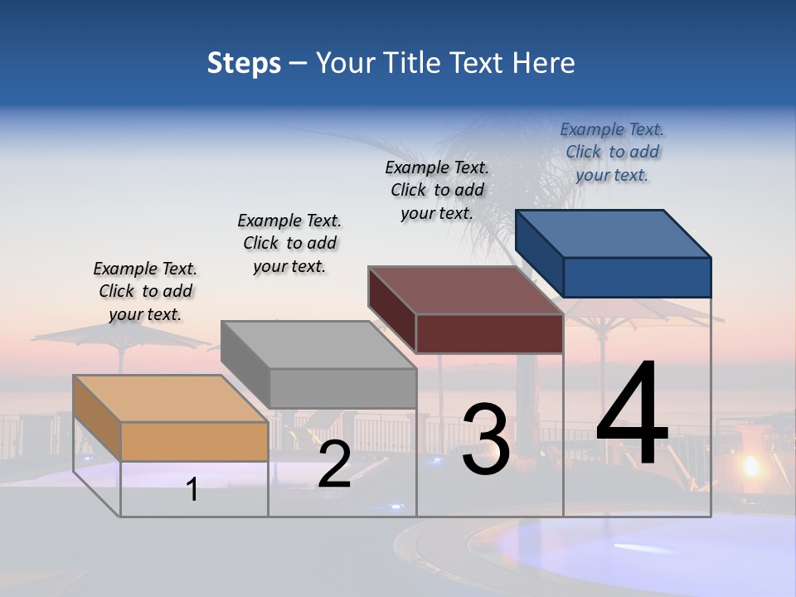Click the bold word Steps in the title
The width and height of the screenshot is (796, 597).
click(244, 63)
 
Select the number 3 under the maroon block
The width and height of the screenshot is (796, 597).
click(486, 439)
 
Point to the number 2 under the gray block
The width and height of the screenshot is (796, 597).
click(334, 465)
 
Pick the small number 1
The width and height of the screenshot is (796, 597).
click(192, 489)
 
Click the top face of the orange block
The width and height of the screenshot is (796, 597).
click(171, 398)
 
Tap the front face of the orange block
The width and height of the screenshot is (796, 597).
click(194, 441)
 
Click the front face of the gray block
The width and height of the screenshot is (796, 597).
click(342, 388)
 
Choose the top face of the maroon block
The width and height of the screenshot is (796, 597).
click(466, 290)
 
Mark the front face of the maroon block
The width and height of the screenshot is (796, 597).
click(489, 333)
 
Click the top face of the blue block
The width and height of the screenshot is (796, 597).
click(614, 233)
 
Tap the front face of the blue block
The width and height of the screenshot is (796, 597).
click(637, 277)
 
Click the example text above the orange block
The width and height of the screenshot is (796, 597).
click(145, 291)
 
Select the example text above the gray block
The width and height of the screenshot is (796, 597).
click(289, 243)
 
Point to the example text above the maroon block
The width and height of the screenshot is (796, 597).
click(437, 190)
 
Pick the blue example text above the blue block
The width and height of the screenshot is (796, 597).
click(612, 152)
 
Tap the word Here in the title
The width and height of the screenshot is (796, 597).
click(544, 63)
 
